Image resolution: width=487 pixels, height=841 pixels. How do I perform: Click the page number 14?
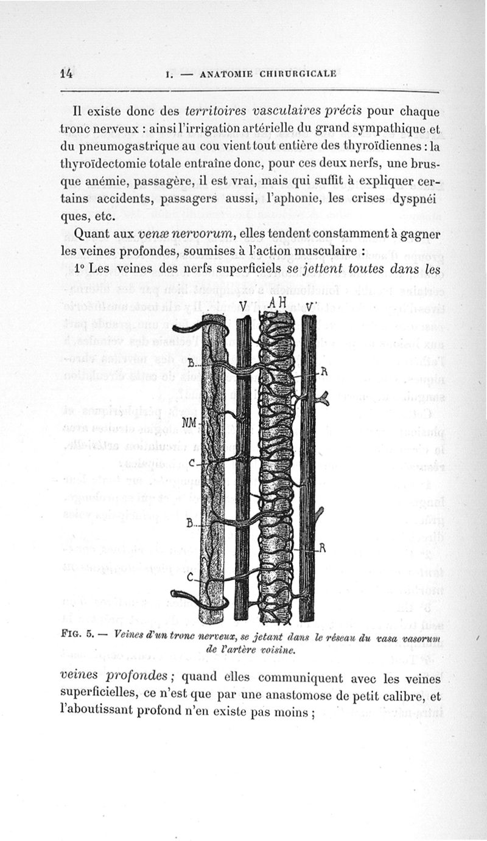pyautogui.click(x=67, y=74)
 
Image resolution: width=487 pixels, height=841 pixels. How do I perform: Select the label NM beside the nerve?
pyautogui.click(x=189, y=422)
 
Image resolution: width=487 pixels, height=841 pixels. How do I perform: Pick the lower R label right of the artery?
pyautogui.click(x=323, y=548)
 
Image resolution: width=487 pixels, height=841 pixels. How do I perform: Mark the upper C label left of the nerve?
pyautogui.click(x=192, y=464)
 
